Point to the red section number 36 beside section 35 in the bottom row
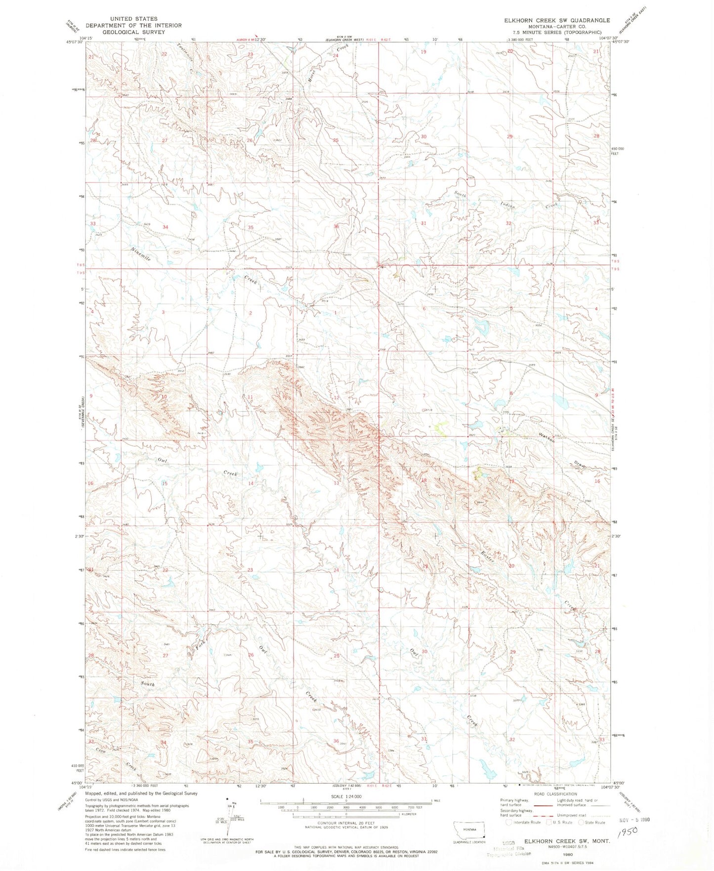click(336, 741)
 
